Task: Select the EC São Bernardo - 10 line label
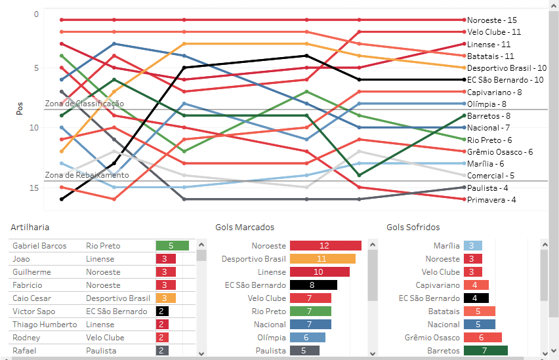[x=505, y=80]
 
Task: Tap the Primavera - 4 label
[x=491, y=199]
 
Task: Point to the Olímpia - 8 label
[x=486, y=104]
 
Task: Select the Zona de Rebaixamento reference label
[x=87, y=175]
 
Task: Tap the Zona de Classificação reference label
[x=84, y=104]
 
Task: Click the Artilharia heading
[x=30, y=228]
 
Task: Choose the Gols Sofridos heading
[x=413, y=228]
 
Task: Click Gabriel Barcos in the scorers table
[x=39, y=246]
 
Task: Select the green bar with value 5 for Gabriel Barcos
[x=172, y=246]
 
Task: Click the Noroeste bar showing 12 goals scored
[x=325, y=246]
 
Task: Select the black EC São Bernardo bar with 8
[x=313, y=285]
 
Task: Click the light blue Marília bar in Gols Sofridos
[x=473, y=246]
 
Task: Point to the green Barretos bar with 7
[x=485, y=351]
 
